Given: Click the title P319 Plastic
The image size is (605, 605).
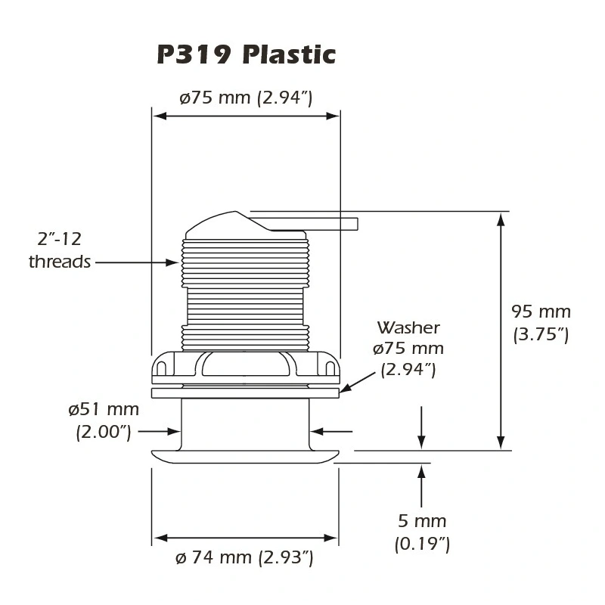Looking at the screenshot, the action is tap(247, 54).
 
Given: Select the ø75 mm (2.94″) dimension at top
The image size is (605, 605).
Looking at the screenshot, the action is tap(246, 98).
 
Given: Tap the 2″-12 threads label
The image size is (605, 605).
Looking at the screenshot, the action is tap(60, 250).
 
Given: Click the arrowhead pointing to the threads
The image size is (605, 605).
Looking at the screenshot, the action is tap(172, 262).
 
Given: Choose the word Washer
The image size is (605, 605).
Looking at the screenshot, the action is tap(408, 327).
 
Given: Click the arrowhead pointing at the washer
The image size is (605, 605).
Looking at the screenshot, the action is tap(346, 388).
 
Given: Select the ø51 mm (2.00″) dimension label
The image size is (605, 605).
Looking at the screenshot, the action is tap(104, 420).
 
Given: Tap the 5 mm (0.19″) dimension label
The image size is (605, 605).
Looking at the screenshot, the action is tap(422, 532).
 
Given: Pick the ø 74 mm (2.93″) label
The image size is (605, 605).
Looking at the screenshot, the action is tap(244, 557).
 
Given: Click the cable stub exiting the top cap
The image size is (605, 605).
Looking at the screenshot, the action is tap(315, 224).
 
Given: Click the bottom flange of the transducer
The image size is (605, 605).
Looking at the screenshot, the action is tap(245, 457).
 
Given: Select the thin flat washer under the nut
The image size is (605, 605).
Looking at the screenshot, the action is tap(245, 393).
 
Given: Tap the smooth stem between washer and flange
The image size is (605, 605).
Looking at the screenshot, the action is tap(245, 423).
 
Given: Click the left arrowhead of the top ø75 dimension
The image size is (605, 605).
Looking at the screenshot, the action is tap(160, 116).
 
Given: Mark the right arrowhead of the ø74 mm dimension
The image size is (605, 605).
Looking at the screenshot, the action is tap(331, 538).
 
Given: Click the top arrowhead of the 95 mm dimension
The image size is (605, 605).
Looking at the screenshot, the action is tap(501, 219).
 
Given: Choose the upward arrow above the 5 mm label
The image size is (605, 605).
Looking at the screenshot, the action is tap(421, 486).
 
